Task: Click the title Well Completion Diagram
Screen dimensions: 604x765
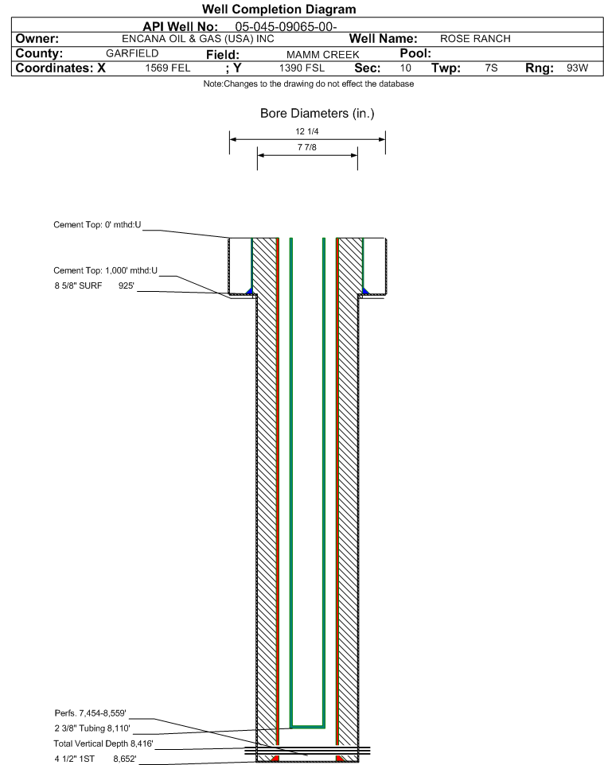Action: pyautogui.click(x=279, y=10)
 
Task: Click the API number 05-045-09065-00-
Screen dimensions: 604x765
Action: pyautogui.click(x=286, y=27)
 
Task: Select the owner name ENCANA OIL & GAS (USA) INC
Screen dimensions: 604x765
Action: pyautogui.click(x=198, y=39)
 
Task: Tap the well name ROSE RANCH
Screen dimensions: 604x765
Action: pyautogui.click(x=475, y=39)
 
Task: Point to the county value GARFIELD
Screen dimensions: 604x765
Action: pyautogui.click(x=132, y=53)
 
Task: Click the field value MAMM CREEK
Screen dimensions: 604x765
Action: pyautogui.click(x=323, y=55)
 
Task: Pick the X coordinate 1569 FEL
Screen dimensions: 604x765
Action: pyautogui.click(x=167, y=68)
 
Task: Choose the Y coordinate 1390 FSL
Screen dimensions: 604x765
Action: pyautogui.click(x=302, y=68)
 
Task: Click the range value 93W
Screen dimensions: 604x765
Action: pyautogui.click(x=577, y=68)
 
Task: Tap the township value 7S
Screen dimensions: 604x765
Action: pyautogui.click(x=491, y=68)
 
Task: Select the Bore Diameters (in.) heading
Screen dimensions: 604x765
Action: pyautogui.click(x=317, y=114)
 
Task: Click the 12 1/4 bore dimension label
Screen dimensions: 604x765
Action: pyautogui.click(x=306, y=131)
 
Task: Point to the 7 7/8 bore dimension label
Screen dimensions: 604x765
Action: pyautogui.click(x=306, y=147)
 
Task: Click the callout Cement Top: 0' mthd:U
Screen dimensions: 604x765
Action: pyautogui.click(x=97, y=225)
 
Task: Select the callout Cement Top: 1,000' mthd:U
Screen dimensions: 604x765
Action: pyautogui.click(x=106, y=271)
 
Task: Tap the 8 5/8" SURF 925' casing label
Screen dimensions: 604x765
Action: pyautogui.click(x=94, y=286)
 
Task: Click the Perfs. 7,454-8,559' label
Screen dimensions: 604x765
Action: pyautogui.click(x=91, y=713)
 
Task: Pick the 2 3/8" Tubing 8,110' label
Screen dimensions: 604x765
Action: pyautogui.click(x=92, y=728)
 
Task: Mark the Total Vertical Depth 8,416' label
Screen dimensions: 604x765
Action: pyautogui.click(x=103, y=744)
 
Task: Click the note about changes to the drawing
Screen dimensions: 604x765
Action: pyautogui.click(x=309, y=84)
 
